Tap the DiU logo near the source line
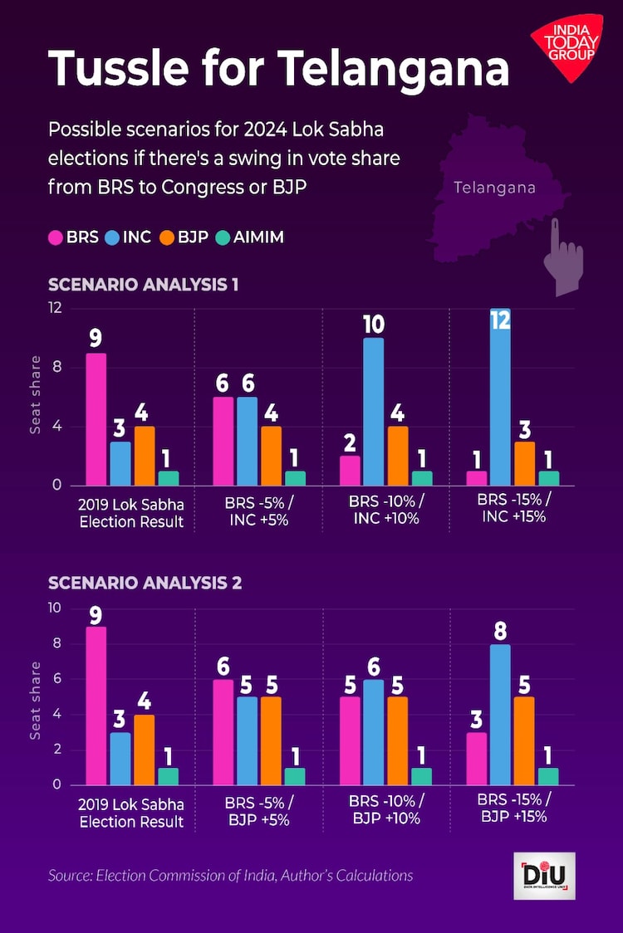point(544,875)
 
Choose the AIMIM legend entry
point(248,237)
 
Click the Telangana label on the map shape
point(494,188)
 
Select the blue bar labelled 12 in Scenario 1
point(500,397)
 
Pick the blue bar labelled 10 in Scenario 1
point(373,411)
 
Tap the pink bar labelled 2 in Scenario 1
point(350,470)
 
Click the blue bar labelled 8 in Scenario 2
point(500,715)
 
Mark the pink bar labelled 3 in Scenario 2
point(477,760)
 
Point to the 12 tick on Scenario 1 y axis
point(55,308)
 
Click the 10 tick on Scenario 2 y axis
point(55,608)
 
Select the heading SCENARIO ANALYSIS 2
point(145,583)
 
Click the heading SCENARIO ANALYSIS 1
point(143,284)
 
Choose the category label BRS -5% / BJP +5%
point(258,810)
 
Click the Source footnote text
point(230,875)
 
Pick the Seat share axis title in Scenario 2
point(36,700)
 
